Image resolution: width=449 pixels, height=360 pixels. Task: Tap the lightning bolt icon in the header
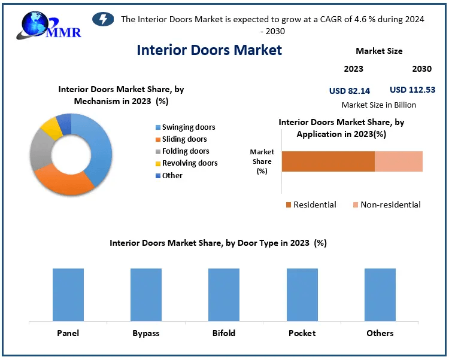click(x=103, y=19)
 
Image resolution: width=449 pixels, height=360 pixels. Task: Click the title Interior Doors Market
click(x=209, y=50)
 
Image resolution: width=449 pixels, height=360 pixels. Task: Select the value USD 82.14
click(x=350, y=91)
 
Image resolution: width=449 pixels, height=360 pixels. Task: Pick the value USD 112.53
click(x=412, y=90)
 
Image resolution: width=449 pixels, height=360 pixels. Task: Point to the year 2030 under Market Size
click(x=421, y=69)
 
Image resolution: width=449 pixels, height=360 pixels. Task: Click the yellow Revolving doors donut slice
click(x=51, y=127)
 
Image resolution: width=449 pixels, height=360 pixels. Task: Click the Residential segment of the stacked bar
click(x=328, y=161)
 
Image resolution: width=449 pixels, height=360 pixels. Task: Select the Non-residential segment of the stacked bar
click(x=399, y=161)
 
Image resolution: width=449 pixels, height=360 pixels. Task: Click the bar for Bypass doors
click(x=146, y=295)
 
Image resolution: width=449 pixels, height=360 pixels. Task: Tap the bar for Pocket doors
click(x=302, y=295)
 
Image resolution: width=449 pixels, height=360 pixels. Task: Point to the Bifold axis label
click(x=224, y=333)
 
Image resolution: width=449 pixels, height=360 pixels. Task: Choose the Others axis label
click(x=380, y=333)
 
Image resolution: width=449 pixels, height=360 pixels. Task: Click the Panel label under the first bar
click(x=68, y=333)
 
